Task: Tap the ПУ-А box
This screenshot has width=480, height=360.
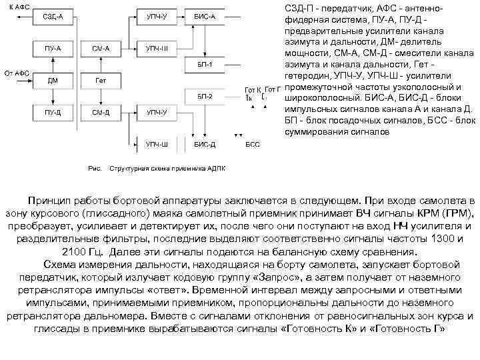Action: (x=53, y=48)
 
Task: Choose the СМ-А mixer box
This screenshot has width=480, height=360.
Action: (x=101, y=48)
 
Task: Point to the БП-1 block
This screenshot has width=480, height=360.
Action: (x=205, y=65)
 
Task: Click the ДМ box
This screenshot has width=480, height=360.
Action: (x=53, y=81)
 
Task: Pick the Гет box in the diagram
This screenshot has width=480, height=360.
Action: (x=101, y=81)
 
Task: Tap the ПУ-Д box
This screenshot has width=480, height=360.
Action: (x=53, y=113)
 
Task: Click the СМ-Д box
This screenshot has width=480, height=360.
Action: (x=101, y=113)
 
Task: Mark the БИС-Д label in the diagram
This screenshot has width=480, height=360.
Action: (x=205, y=143)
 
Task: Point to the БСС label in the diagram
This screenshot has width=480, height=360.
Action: (x=253, y=143)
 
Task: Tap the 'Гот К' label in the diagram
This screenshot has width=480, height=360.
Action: (x=253, y=89)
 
